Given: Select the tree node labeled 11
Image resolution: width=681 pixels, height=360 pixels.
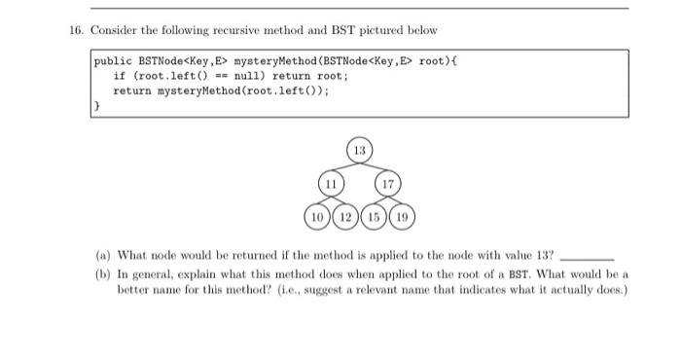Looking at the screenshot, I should (x=332, y=183).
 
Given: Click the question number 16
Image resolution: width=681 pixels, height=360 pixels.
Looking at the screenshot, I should (x=75, y=30).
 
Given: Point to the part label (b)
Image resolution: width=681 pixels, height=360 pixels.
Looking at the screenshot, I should (x=102, y=274).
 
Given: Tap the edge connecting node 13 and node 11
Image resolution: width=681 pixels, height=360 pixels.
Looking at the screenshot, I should (x=344, y=168).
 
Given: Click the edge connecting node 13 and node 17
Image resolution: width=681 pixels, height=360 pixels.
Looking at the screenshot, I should (x=374, y=168).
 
